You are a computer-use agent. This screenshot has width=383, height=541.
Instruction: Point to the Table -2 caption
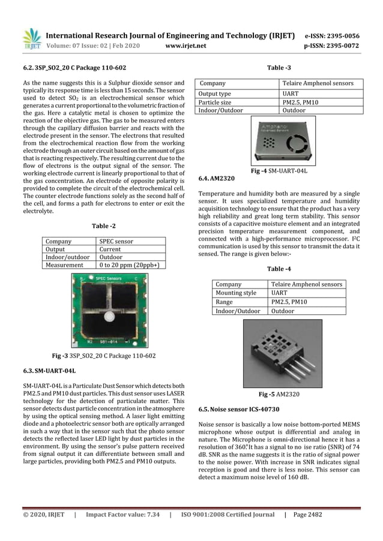(x=103, y=227)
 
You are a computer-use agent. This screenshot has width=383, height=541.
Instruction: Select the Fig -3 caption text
(x=103, y=356)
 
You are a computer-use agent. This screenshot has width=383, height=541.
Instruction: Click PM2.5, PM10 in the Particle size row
(x=298, y=103)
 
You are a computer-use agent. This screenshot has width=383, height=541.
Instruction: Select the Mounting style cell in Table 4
(x=236, y=293)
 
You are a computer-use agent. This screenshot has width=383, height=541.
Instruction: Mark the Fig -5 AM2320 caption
(x=280, y=395)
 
